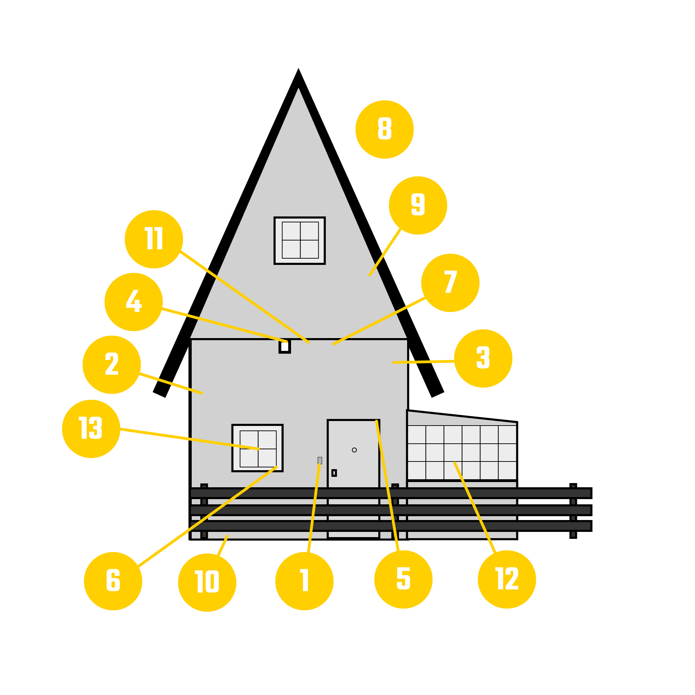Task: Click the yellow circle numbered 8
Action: [x=384, y=130]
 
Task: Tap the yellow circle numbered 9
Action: [x=418, y=205]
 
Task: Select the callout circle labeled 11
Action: [x=154, y=239]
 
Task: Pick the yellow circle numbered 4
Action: [x=133, y=302]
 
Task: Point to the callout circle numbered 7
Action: [x=450, y=283]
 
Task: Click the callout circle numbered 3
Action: [x=483, y=358]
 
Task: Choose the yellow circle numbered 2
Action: [x=112, y=365]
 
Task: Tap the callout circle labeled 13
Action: [x=91, y=429]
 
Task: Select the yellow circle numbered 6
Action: [x=113, y=581]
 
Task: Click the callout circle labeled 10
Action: [x=207, y=582]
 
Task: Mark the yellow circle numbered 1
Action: [x=304, y=581]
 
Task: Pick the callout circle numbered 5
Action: [x=403, y=580]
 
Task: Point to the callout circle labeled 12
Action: [x=507, y=580]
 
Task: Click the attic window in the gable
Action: [x=300, y=240]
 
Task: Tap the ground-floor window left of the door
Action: [x=258, y=448]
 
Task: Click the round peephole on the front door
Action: [x=354, y=450]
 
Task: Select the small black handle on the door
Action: [x=334, y=473]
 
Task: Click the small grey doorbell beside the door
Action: [x=320, y=460]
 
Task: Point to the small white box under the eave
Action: [x=284, y=346]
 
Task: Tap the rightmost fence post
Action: [x=573, y=511]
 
